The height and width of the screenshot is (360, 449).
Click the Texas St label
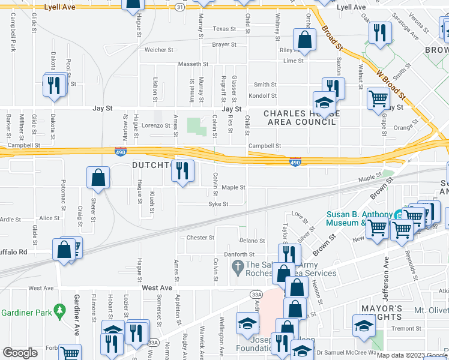tap(224, 29)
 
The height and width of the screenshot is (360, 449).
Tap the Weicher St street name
tap(158, 50)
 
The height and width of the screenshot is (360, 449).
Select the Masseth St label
tap(192, 64)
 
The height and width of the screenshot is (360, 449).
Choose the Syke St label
tap(218, 204)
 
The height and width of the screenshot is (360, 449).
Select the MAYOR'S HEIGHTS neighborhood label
tap(381, 313)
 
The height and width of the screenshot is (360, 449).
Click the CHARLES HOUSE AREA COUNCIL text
tap(300, 118)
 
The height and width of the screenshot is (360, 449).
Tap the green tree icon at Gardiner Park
tap(59, 310)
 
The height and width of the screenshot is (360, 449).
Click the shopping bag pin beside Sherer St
tap(98, 178)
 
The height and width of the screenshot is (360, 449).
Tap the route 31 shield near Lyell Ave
tap(180, 6)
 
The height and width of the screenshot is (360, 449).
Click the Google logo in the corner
tap(20, 353)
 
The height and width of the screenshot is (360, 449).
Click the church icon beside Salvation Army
tap(237, 266)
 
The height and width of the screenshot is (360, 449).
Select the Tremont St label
tap(407, 328)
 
